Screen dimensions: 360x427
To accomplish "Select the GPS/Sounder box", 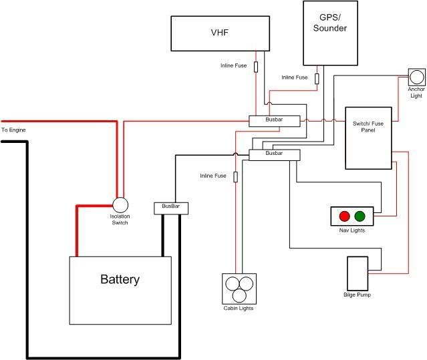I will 330,33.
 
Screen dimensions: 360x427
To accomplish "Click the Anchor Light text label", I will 416,92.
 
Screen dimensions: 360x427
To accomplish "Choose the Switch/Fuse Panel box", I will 368,138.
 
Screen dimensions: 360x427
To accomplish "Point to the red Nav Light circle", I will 345,216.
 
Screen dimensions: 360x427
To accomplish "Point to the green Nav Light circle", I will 360,216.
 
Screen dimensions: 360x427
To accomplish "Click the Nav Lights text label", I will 352,230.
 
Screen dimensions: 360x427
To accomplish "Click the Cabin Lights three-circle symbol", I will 239,288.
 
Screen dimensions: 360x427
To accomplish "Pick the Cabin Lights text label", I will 239,309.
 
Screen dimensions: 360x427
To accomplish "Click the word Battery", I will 120,279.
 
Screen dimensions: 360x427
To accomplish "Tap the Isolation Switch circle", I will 120,204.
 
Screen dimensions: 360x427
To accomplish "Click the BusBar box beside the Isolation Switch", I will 171,208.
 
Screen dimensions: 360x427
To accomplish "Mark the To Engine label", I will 13,130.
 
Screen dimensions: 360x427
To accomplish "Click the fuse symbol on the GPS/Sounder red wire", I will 317,79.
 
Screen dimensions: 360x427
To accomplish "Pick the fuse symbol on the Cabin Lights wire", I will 235,177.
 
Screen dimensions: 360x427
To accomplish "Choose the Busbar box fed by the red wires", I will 274,121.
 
